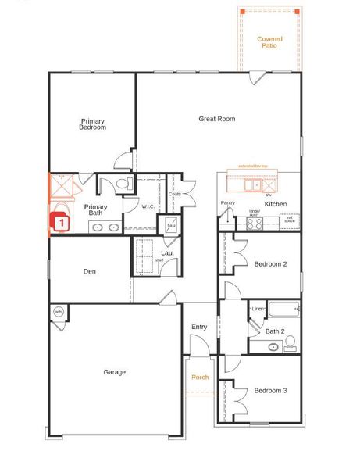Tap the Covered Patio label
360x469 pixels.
269,41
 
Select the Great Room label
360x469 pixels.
216,119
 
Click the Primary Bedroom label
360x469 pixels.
92,124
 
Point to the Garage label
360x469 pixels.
114,372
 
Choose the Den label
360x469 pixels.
89,272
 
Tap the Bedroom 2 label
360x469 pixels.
270,264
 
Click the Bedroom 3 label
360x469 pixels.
270,390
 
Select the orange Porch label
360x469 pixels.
201,377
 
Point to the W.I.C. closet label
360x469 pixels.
148,207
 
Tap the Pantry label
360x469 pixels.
227,203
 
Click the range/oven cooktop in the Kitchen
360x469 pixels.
255,223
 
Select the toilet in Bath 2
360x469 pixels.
290,342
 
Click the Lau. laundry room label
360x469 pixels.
167,253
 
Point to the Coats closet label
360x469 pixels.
174,194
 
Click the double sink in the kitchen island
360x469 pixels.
251,185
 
